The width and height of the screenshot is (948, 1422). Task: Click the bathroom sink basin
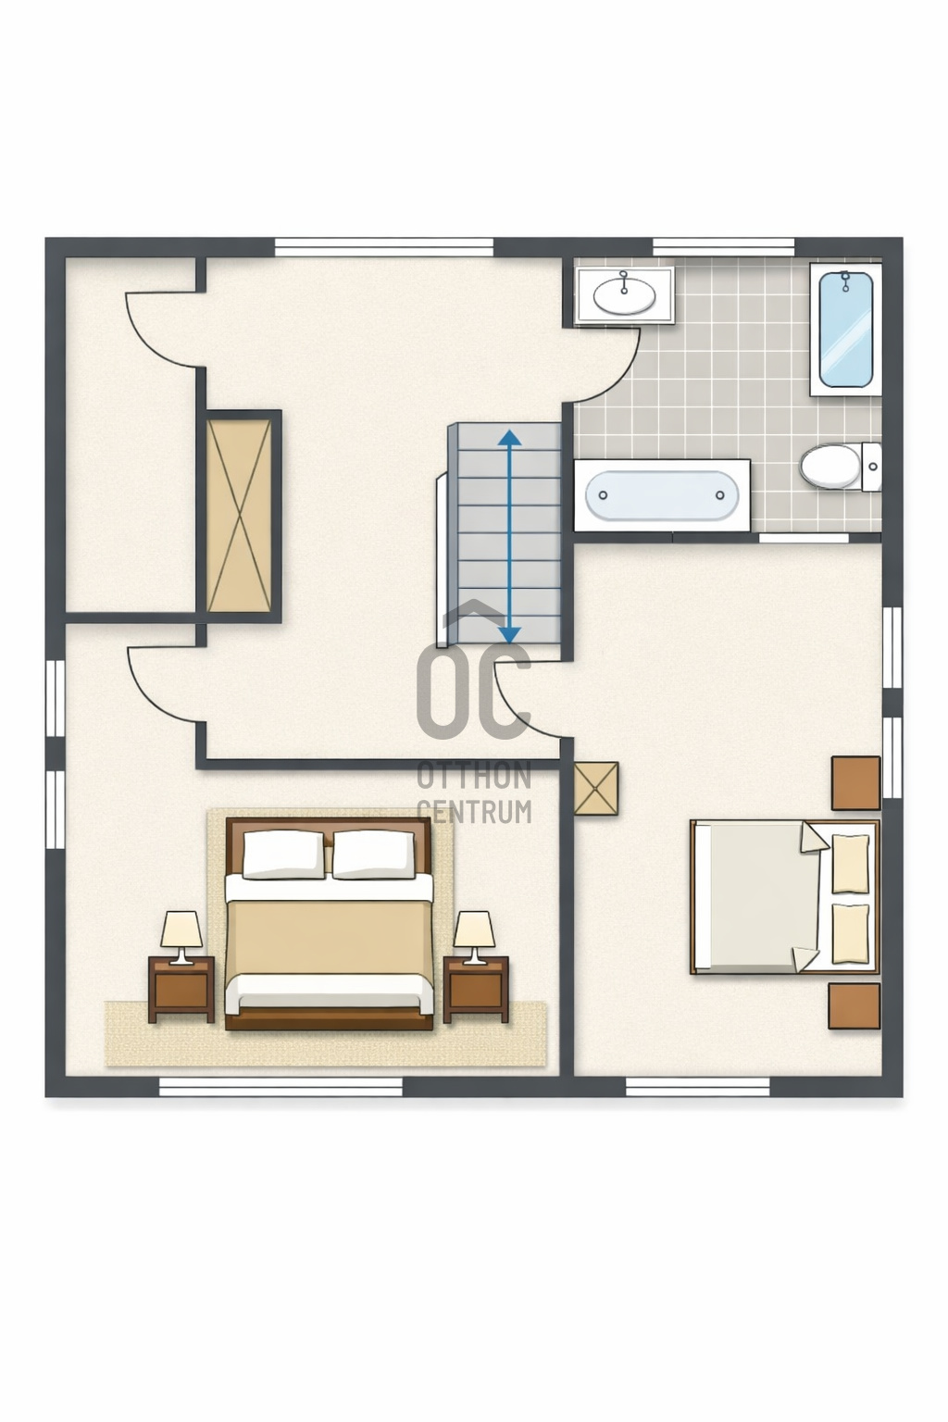(x=625, y=296)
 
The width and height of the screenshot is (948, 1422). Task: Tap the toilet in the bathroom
(x=840, y=467)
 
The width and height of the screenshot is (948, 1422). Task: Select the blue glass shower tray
(x=845, y=330)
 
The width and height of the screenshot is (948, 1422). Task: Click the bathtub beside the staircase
(x=662, y=495)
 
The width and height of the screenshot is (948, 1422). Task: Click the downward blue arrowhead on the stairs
(x=509, y=635)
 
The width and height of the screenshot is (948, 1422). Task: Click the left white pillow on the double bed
(x=283, y=854)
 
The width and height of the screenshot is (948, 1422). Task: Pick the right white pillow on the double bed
(x=375, y=854)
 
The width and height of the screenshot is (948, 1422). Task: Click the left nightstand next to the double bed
(x=181, y=990)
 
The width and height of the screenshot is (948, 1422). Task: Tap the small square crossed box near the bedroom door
(x=595, y=789)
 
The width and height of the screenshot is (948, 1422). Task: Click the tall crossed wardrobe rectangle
(x=239, y=516)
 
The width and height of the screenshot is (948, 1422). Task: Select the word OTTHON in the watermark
(x=474, y=776)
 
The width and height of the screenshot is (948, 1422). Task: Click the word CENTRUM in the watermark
(x=474, y=811)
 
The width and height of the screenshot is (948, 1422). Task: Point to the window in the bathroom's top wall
(x=723, y=247)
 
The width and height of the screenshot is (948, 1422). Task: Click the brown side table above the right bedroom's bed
(x=856, y=782)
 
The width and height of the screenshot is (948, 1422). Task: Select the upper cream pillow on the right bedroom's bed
(x=850, y=864)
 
